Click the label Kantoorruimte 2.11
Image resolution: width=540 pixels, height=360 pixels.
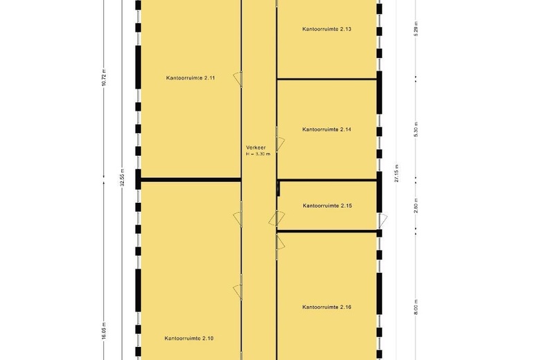point(190,78)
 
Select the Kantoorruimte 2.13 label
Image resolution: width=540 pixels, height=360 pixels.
point(327,29)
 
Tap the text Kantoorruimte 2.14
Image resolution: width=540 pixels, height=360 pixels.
point(327,129)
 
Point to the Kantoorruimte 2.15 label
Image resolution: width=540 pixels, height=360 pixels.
point(327,206)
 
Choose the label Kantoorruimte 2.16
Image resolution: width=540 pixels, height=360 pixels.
point(327,307)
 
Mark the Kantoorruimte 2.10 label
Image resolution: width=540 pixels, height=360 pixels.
point(189,339)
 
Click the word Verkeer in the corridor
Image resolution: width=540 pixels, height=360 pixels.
point(255,147)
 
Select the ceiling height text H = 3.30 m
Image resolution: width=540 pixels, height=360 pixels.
point(257,154)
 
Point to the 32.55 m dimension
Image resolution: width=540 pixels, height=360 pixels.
point(122,178)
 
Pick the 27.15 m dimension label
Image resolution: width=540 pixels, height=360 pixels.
point(397,173)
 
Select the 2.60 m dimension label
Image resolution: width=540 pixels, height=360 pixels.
point(416,207)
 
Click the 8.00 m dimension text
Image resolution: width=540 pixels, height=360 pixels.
point(416,307)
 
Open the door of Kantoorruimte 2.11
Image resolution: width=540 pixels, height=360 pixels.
point(237,79)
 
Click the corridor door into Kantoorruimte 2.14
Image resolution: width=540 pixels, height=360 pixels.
point(280,143)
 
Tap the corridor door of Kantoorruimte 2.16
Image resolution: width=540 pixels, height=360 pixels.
point(280,242)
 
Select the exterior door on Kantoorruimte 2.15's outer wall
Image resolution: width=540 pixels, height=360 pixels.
point(383,221)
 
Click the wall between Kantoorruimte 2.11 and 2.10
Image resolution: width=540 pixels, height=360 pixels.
point(190,181)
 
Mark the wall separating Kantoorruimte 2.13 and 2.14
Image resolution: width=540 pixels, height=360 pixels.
point(327,79)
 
